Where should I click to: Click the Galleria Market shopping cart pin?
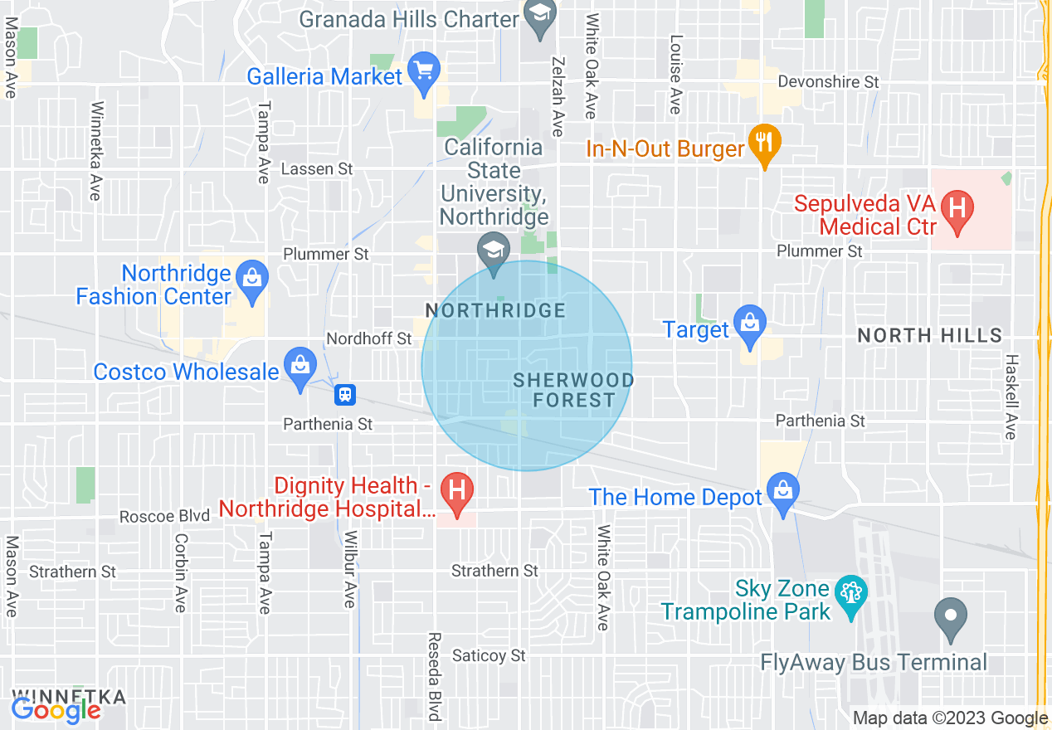click(x=425, y=74)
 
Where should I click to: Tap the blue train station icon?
click(x=345, y=395)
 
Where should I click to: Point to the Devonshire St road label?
click(x=827, y=82)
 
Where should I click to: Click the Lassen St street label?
click(x=317, y=169)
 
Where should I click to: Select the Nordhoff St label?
click(x=369, y=338)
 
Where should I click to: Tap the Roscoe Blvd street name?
click(x=164, y=516)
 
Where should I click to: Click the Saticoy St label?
click(x=489, y=655)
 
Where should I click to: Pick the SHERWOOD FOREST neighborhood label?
click(x=573, y=390)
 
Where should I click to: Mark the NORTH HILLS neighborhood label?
click(x=929, y=335)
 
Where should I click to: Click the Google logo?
click(x=56, y=709)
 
